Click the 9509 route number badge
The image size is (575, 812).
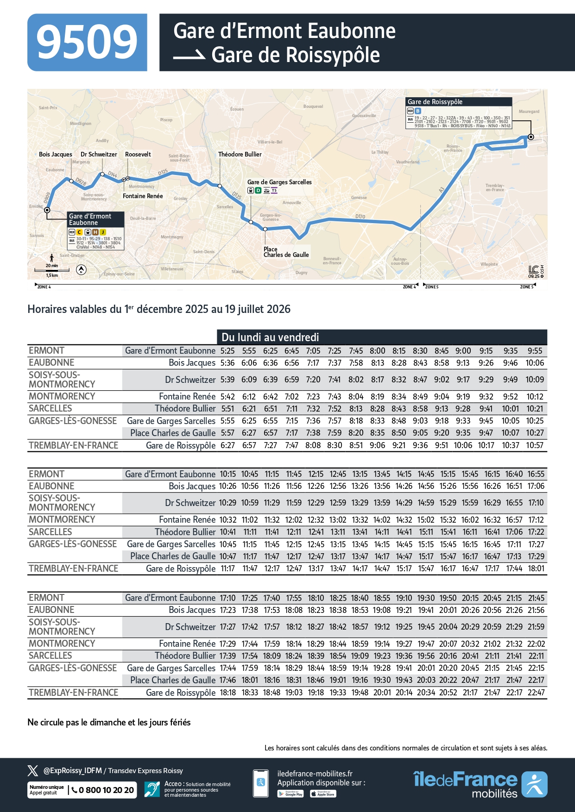(x=87, y=43)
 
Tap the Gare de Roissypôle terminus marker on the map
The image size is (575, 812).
(x=531, y=137)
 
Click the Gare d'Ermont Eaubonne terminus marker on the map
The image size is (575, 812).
(x=47, y=210)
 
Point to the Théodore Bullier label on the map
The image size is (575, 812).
(x=240, y=154)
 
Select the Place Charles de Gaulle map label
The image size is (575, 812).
(x=286, y=252)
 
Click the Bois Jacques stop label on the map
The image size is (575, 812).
(x=55, y=154)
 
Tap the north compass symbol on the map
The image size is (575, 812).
(x=81, y=269)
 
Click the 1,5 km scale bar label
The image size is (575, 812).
(x=52, y=275)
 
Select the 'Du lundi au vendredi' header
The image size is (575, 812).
(x=270, y=337)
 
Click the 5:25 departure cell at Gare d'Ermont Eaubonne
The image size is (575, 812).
(x=227, y=351)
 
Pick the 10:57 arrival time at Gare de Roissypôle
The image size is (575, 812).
(x=535, y=445)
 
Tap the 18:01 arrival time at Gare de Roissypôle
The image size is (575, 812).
(x=536, y=568)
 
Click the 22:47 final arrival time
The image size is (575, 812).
(x=536, y=693)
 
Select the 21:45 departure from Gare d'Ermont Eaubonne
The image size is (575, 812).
(x=536, y=598)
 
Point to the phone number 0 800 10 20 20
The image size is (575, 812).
(x=106, y=790)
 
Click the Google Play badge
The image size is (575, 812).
(x=291, y=794)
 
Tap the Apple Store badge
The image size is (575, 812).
(x=323, y=794)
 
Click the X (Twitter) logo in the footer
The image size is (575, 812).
(x=33, y=771)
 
